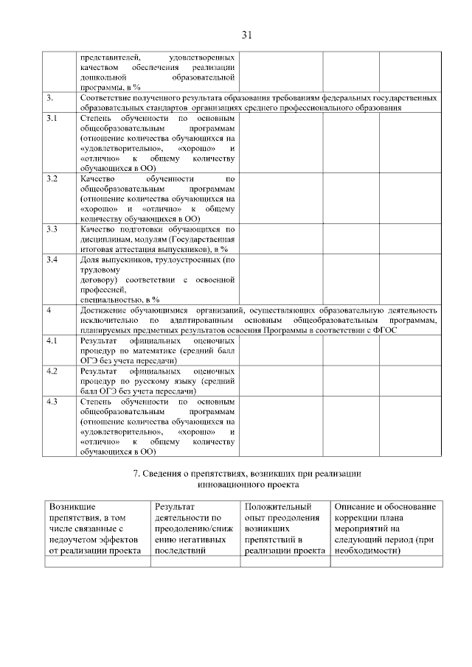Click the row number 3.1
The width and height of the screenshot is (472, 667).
tap(52, 118)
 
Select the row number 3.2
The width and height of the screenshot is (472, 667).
tap(52, 179)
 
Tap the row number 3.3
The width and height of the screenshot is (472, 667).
tap(52, 229)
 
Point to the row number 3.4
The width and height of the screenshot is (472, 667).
tap(52, 260)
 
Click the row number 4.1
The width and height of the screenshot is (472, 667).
tap(52, 341)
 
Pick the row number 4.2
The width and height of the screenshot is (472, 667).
tap(52, 371)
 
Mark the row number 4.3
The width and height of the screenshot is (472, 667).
tap(52, 402)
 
